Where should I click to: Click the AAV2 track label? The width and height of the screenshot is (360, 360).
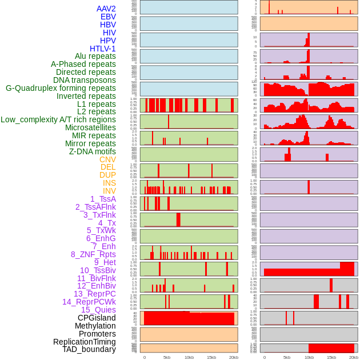pyautogui.click(x=106, y=9)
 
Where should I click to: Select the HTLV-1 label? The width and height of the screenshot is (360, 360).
pyautogui.click(x=103, y=49)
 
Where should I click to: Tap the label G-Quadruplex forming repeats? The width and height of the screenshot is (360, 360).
pyautogui.click(x=61, y=88)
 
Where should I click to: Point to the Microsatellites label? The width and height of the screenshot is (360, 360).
pyautogui.click(x=90, y=127)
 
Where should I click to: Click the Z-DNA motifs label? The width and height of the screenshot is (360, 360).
pyautogui.click(x=93, y=151)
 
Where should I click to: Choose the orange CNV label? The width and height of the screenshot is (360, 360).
pyautogui.click(x=107, y=159)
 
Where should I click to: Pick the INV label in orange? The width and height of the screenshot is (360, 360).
pyautogui.click(x=109, y=191)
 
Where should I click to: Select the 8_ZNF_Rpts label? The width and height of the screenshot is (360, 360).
pyautogui.click(x=93, y=254)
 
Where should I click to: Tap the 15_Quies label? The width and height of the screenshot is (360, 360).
pyautogui.click(x=98, y=310)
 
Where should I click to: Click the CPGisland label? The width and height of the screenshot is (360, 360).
pyautogui.click(x=97, y=318)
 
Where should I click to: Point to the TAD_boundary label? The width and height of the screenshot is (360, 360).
pyautogui.click(x=89, y=349)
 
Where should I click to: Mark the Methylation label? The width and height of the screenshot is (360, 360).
pyautogui.click(x=95, y=326)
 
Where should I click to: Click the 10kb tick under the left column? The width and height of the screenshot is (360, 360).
pyautogui.click(x=189, y=357)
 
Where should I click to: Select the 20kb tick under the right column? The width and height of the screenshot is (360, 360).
pyautogui.click(x=354, y=357)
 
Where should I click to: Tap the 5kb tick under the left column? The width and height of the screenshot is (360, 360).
pyautogui.click(x=167, y=357)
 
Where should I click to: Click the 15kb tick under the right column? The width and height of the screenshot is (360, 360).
pyautogui.click(x=331, y=357)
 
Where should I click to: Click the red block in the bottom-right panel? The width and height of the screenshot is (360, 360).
pyautogui.click(x=331, y=348)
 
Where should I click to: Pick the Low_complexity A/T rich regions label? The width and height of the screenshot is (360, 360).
pyautogui.click(x=58, y=119)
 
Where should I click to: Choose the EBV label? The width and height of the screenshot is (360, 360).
pyautogui.click(x=108, y=17)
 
